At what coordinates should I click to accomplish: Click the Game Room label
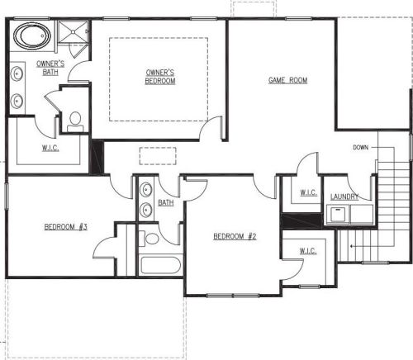pyautogui.click(x=287, y=80)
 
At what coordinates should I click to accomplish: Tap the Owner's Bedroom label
pyautogui.click(x=160, y=77)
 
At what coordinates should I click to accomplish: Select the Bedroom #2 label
pyautogui.click(x=235, y=236)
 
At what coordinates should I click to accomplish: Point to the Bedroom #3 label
pyautogui.click(x=66, y=227)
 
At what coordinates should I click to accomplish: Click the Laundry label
pyautogui.click(x=344, y=197)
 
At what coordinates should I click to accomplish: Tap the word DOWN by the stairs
pyautogui.click(x=360, y=148)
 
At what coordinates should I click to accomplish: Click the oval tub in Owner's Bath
pyautogui.click(x=32, y=36)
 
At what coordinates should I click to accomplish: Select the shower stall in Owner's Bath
pyautogui.click(x=73, y=31)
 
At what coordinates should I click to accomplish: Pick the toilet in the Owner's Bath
pyautogui.click(x=75, y=122)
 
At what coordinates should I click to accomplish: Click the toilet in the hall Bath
pyautogui.click(x=149, y=239)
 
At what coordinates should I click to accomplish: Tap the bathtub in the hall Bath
pyautogui.click(x=160, y=265)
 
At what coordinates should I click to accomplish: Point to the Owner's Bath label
pyautogui.click(x=50, y=68)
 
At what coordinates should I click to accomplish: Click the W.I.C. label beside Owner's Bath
pyautogui.click(x=50, y=148)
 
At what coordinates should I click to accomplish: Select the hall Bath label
pyautogui.click(x=166, y=202)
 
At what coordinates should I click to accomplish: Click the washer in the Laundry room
pyautogui.click(x=338, y=214)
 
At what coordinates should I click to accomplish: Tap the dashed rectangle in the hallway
pyautogui.click(x=158, y=156)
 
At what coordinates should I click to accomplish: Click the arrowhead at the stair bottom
pyautogui.click(x=351, y=246)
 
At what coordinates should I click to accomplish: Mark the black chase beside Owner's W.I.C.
pyautogui.click(x=97, y=157)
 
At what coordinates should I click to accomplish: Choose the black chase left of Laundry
pyautogui.click(x=301, y=220)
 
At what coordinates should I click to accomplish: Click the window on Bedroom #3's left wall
pyautogui.click(x=6, y=196)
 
